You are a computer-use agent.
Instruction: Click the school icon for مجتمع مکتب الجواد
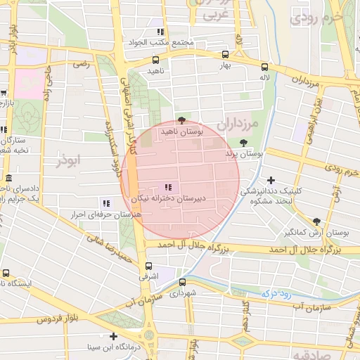point(160,32)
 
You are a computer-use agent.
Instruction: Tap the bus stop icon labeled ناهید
point(154,59)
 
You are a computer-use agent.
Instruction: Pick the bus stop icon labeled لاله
point(264,67)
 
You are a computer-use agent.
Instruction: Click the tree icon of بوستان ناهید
point(182,120)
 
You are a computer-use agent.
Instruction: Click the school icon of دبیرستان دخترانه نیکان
point(167,187)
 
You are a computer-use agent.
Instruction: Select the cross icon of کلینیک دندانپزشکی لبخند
point(271,181)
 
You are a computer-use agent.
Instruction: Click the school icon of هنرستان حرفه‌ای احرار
point(106,202)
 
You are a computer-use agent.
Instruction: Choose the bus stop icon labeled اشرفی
point(148,266)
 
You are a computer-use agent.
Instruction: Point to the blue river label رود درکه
point(277,294)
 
